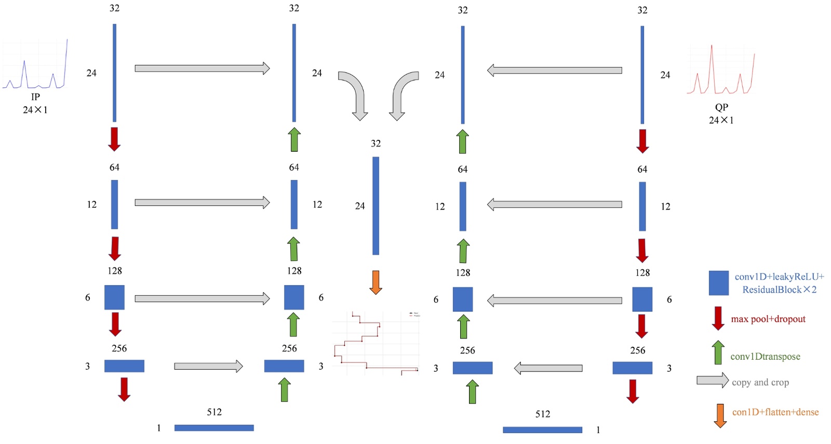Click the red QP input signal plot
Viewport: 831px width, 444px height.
point(721,71)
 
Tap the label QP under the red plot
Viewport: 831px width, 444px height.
point(721,107)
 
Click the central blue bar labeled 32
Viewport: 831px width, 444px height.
point(376,206)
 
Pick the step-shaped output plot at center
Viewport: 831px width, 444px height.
point(376,343)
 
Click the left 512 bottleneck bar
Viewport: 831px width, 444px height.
point(214,428)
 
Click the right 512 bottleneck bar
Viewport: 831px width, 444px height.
point(542,430)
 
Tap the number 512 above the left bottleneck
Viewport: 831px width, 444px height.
point(214,412)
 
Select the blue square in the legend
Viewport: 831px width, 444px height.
point(718,283)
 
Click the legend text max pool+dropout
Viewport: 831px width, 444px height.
point(768,319)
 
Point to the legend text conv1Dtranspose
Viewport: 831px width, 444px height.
point(765,357)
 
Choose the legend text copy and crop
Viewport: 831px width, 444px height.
point(760,383)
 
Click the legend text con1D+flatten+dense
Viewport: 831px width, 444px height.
point(775,412)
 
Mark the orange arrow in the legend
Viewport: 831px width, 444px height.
point(719,415)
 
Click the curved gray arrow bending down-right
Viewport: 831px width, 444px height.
point(355,94)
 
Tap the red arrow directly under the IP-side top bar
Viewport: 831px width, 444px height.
point(114,139)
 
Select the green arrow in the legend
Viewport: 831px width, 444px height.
point(718,352)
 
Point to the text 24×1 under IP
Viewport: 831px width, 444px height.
point(35,110)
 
